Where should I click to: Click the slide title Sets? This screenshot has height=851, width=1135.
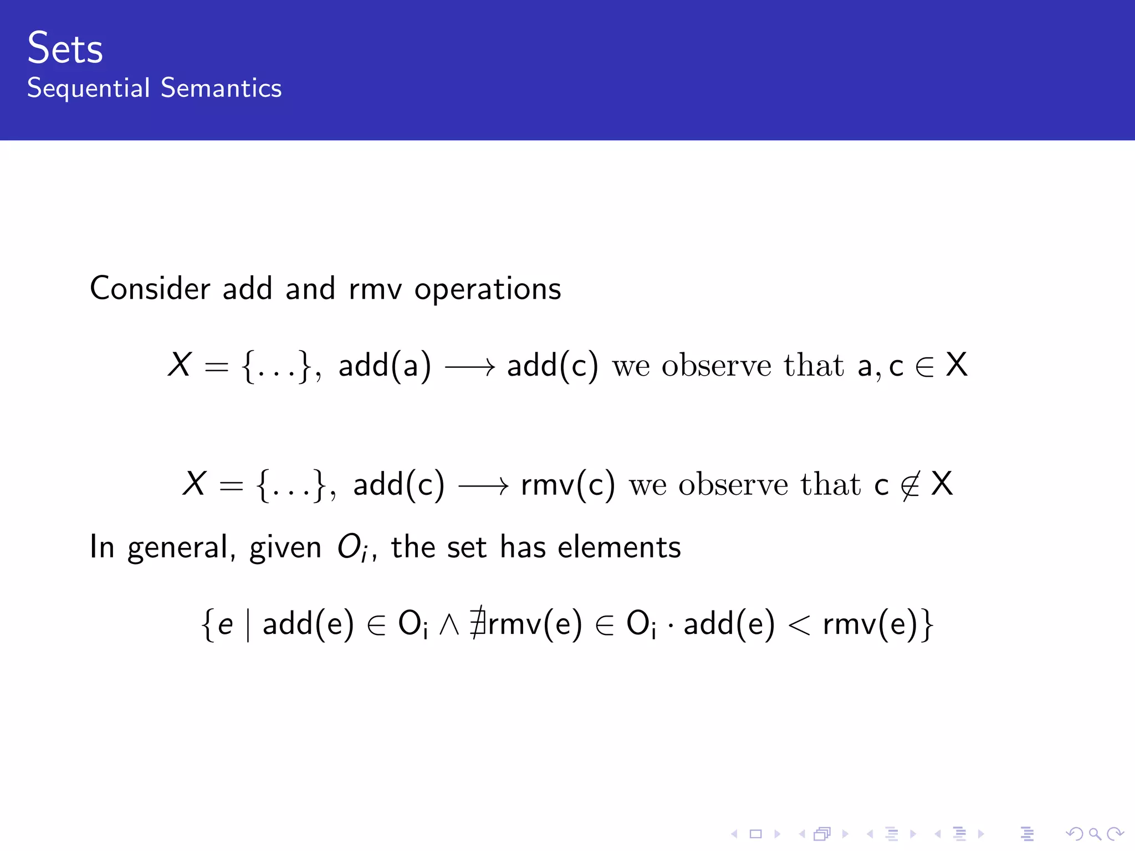[65, 48]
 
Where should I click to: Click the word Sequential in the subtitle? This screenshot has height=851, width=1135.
[89, 88]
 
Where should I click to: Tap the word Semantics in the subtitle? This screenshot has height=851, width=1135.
[221, 88]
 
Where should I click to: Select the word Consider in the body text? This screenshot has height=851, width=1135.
[150, 289]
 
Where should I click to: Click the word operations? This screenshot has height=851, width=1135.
[488, 290]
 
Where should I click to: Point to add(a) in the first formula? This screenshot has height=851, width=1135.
[385, 366]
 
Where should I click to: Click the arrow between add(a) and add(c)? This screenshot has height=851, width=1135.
[470, 367]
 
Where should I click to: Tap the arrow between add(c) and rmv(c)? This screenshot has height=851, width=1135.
[483, 486]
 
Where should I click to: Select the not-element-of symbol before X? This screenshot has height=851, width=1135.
[910, 485]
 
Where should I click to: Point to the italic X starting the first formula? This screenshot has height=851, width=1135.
[180, 365]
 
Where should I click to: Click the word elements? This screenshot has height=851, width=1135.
[619, 547]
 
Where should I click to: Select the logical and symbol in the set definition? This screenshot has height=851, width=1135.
[449, 625]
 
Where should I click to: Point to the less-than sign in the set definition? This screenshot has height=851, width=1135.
[799, 625]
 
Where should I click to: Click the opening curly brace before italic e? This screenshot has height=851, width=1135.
[208, 625]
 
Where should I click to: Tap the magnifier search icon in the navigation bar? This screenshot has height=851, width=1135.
[1095, 834]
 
